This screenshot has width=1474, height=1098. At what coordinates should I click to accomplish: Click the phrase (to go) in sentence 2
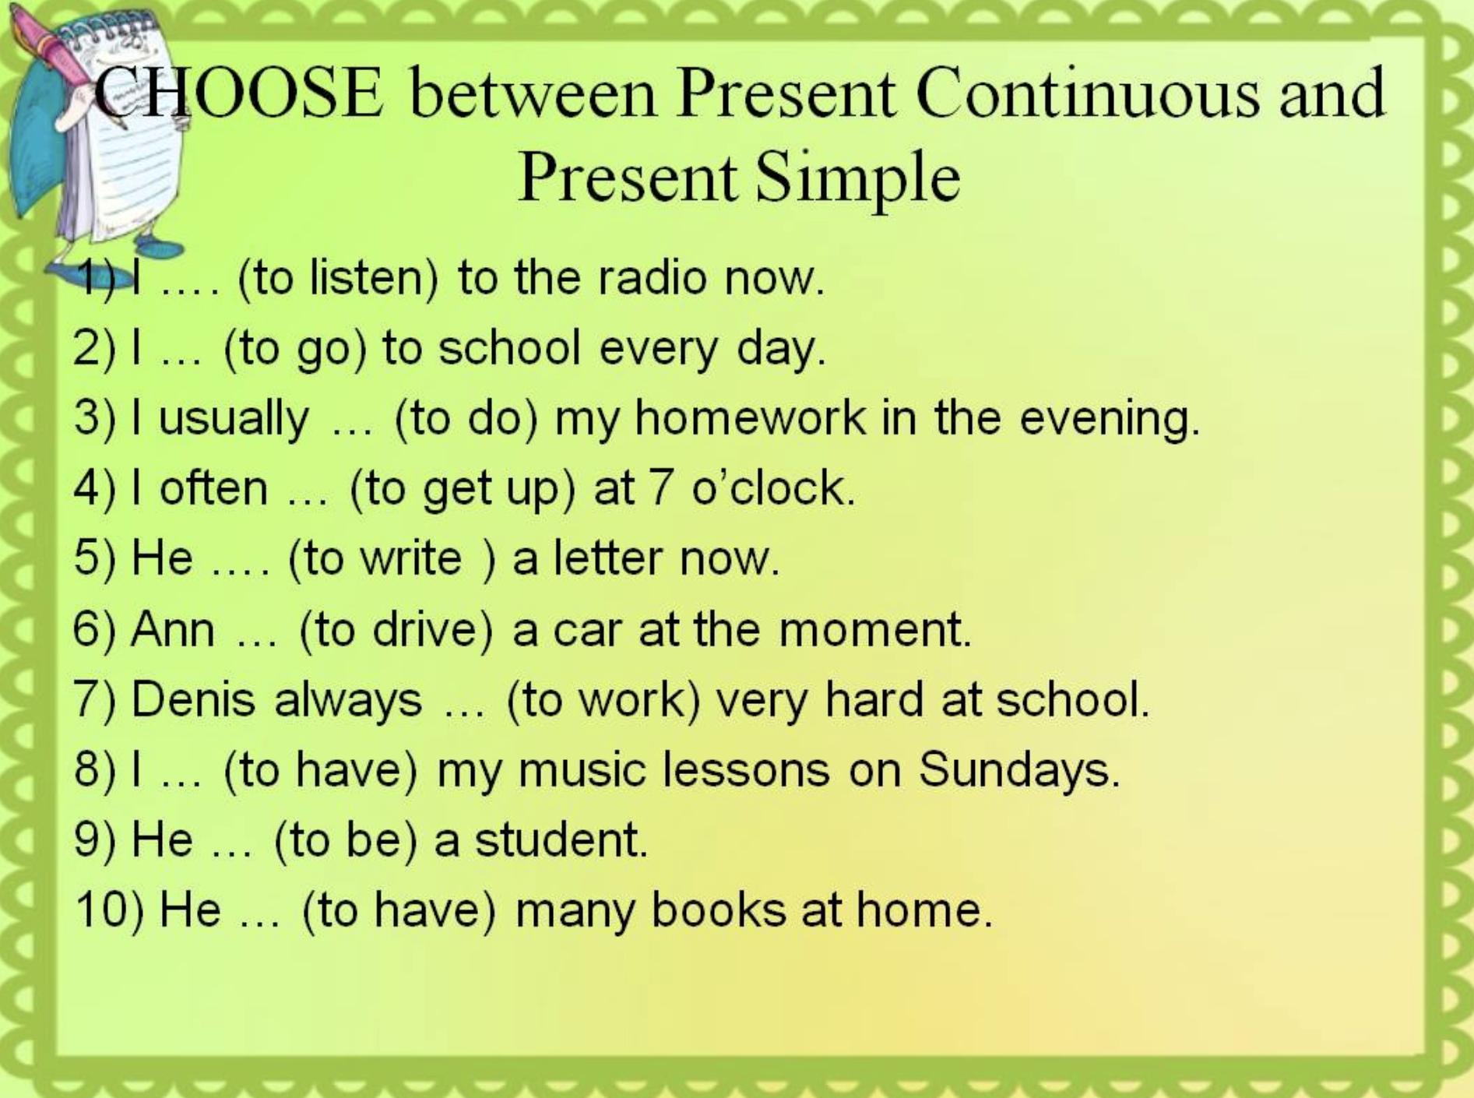[294, 348]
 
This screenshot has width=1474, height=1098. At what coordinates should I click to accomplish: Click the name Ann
[173, 628]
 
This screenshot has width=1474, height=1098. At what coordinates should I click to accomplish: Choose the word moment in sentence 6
[875, 629]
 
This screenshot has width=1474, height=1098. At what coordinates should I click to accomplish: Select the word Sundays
[1018, 769]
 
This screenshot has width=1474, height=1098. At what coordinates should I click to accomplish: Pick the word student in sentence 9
[561, 839]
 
